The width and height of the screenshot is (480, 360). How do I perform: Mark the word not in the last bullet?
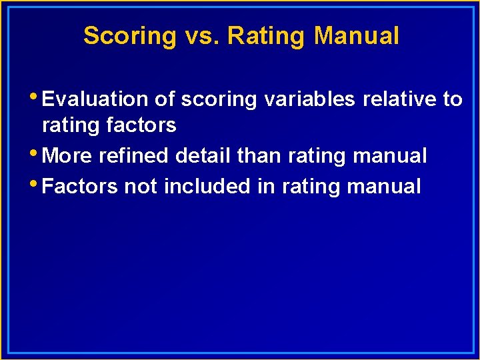(x=141, y=186)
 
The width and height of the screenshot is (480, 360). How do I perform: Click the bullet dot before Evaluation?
(x=35, y=95)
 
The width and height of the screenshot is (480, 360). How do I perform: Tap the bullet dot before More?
(x=35, y=152)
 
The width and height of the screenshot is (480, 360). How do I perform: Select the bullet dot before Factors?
(x=35, y=182)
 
